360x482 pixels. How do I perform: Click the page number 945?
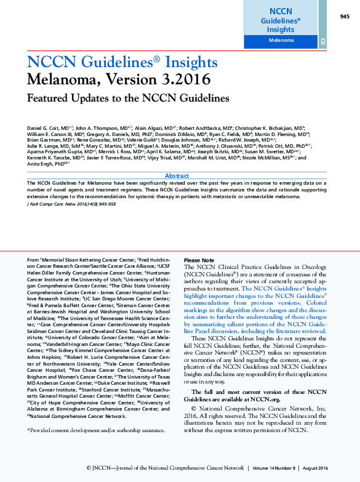344,17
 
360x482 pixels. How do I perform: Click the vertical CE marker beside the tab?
322,41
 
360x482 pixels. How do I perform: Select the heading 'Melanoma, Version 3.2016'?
118,79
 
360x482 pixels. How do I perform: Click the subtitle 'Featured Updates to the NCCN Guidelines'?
128,98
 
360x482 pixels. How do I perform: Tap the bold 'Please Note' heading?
199,260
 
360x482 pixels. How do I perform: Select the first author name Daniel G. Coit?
49,126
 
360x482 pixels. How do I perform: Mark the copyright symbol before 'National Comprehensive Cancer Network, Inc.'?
194,408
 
